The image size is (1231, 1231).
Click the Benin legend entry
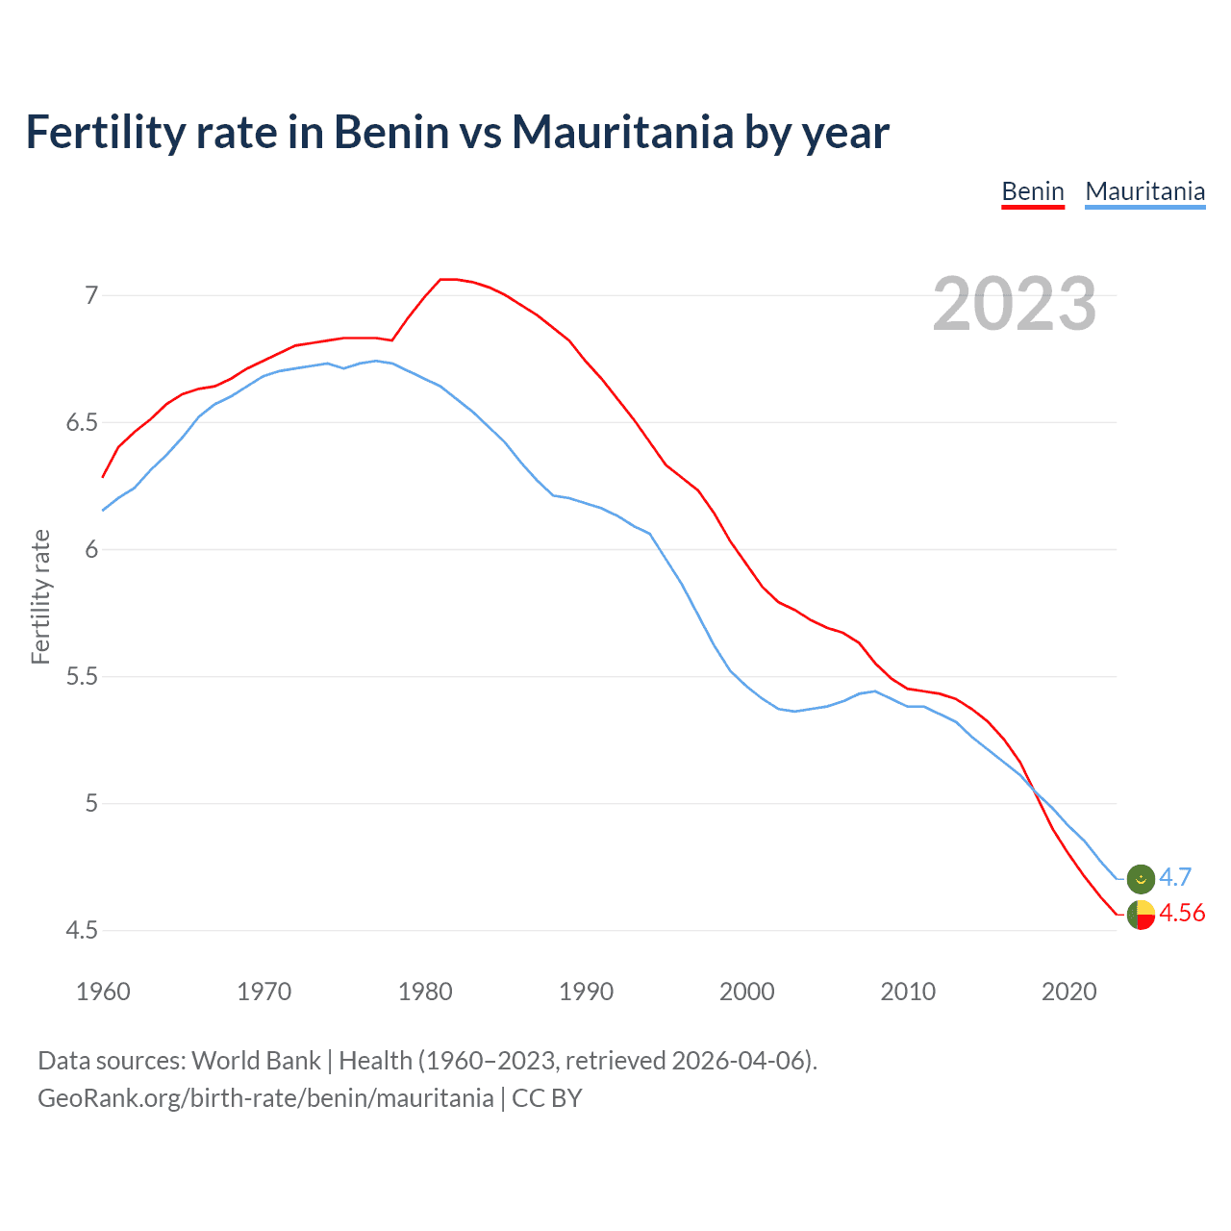1033,191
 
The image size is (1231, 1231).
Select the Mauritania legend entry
1144,191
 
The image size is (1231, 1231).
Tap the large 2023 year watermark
1015,304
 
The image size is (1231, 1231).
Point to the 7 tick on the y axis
91,295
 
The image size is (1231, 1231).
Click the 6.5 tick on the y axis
82,422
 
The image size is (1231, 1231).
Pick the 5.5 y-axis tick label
82,676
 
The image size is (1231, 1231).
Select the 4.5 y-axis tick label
82,930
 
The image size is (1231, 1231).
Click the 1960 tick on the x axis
103,992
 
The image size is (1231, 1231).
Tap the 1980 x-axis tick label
425,992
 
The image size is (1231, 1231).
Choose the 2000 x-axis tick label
746,992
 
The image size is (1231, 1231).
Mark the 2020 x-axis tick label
1068,992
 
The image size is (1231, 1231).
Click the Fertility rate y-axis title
40,596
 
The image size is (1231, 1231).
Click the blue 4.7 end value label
1175,877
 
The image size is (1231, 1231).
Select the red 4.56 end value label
1182,913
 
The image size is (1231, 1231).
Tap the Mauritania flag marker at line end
1141,878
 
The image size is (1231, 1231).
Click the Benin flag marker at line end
1141,916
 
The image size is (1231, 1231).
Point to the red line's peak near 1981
442,279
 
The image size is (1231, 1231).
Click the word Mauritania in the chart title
622,132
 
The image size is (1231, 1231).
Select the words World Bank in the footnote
256,1061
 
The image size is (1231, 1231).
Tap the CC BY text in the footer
546,1098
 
